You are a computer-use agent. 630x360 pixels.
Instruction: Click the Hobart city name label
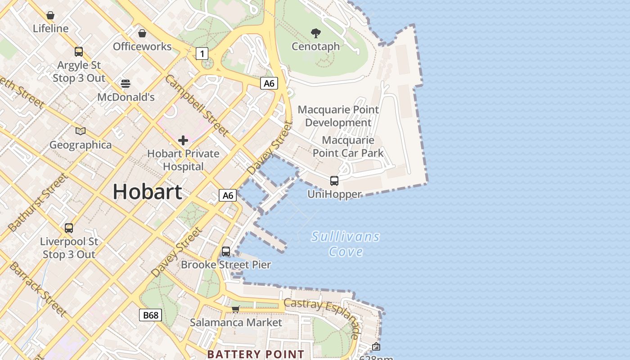(147, 192)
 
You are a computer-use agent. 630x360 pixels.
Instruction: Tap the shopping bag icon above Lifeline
(50, 16)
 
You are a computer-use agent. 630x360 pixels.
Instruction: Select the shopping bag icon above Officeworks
(142, 33)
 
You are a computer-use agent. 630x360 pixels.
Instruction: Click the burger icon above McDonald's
(126, 83)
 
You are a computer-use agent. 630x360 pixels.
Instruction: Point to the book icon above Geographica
(81, 131)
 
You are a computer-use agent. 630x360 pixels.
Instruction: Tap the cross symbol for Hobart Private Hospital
(183, 140)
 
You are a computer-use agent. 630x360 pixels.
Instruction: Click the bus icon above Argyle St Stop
(79, 52)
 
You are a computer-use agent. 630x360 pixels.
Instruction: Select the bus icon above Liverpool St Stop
(69, 228)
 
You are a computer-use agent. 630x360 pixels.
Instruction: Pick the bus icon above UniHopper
(334, 181)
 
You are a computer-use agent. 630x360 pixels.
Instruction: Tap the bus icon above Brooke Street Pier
(226, 252)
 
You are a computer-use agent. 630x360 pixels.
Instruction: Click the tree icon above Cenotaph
(316, 33)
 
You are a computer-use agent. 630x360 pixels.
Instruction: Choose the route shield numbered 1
(202, 54)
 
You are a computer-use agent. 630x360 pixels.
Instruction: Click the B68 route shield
(150, 315)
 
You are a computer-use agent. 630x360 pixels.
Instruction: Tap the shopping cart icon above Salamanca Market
(235, 309)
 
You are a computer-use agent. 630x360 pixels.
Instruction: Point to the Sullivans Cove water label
(346, 244)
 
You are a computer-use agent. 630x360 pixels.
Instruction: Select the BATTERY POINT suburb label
(256, 354)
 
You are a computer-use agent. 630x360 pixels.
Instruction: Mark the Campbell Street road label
(197, 105)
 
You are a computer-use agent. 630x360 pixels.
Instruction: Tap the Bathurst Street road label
(39, 202)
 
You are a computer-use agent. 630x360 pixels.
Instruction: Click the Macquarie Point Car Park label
(348, 147)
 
